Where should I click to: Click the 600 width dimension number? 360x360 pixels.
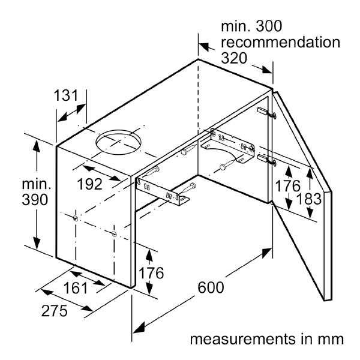click(212, 287)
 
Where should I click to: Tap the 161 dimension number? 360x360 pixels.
click(75, 287)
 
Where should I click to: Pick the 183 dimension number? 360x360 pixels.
click(305, 199)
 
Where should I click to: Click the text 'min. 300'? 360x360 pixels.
click(251, 26)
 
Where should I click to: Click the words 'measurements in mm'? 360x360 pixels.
click(267, 339)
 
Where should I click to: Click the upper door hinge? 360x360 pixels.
click(264, 112)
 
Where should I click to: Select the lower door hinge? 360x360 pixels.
click(264, 159)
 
